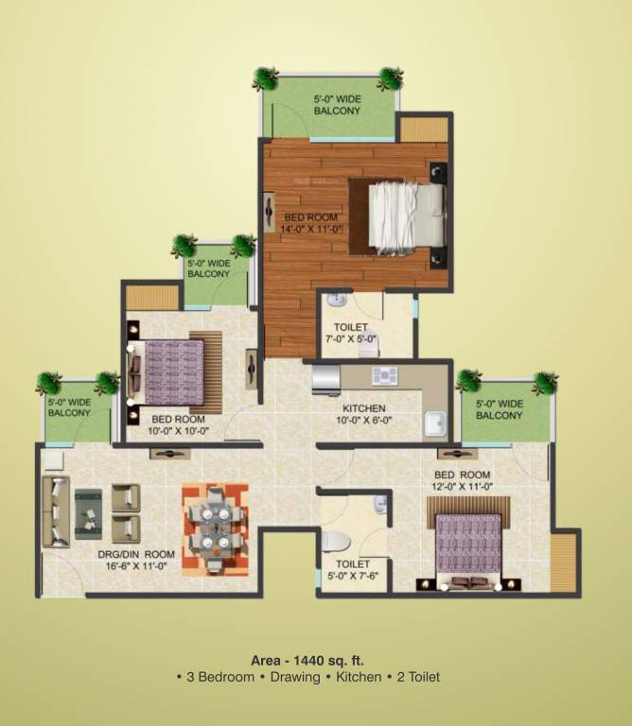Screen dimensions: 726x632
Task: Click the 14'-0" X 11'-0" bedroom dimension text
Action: pyautogui.click(x=311, y=228)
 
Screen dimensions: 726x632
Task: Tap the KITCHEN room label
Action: pyautogui.click(x=362, y=408)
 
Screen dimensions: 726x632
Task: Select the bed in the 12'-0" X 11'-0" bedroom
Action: pyautogui.click(x=469, y=544)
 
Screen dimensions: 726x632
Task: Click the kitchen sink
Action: pyautogui.click(x=434, y=423)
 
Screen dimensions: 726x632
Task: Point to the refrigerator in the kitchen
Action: pyautogui.click(x=325, y=379)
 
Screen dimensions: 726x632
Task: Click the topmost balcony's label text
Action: pyautogui.click(x=337, y=104)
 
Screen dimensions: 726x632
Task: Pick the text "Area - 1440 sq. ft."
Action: pyautogui.click(x=307, y=659)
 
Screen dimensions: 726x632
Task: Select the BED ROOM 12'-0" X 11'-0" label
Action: pyautogui.click(x=463, y=480)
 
